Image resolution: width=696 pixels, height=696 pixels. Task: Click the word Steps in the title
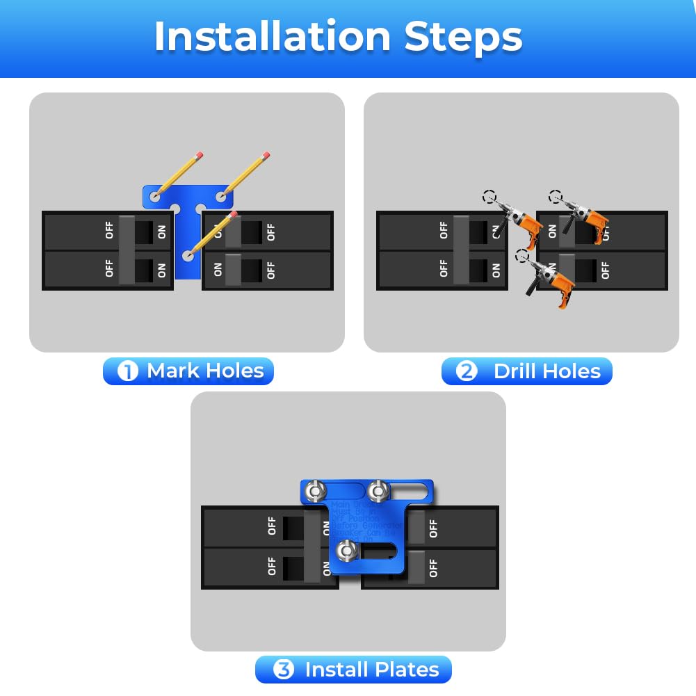[x=463, y=36]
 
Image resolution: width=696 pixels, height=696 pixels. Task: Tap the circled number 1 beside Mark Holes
[x=128, y=371]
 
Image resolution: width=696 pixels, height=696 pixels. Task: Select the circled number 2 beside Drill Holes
[x=467, y=371]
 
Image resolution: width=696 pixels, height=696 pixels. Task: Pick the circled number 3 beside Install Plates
[x=283, y=670]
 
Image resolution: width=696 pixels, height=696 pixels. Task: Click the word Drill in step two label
[x=518, y=371]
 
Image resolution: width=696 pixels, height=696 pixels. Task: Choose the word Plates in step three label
[x=406, y=670]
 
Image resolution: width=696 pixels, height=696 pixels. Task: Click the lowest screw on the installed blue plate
[x=346, y=551]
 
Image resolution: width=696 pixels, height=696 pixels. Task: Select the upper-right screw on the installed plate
[x=378, y=492]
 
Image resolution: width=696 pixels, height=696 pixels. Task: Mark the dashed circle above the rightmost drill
[x=555, y=197]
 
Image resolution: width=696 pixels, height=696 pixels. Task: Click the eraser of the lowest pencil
[x=234, y=215]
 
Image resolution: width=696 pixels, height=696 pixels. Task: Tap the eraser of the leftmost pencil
[x=200, y=154]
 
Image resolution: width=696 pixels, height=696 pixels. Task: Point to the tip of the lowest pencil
[x=188, y=255]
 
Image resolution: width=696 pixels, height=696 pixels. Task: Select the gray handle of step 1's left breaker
[x=127, y=250]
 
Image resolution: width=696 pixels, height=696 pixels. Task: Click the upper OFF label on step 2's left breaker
[x=444, y=230]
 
